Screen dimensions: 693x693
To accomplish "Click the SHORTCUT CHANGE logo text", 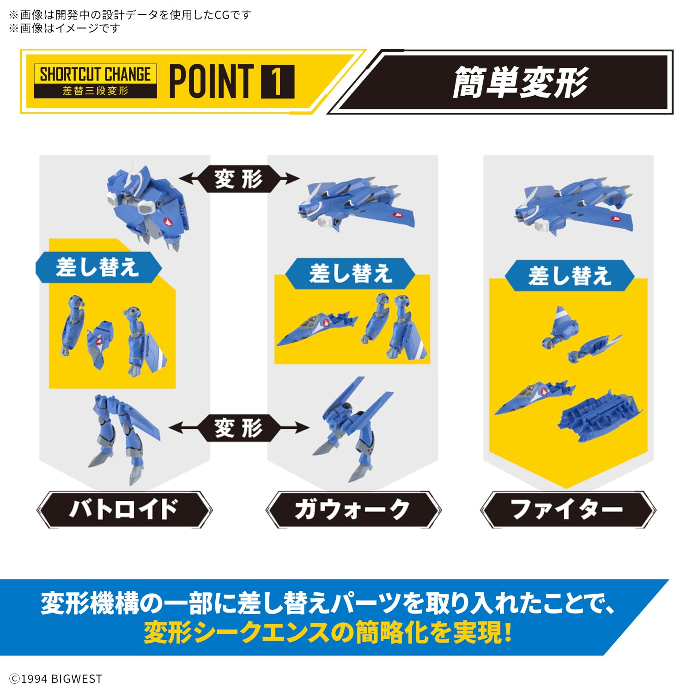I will (95, 74).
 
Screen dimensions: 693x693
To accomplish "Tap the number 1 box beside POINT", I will (278, 82).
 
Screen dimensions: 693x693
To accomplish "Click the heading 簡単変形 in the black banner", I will (520, 82).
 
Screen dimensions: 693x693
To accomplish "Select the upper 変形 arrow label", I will (238, 179).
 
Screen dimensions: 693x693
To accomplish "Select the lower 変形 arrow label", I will (238, 428).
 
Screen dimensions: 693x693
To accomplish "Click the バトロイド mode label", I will (124, 509).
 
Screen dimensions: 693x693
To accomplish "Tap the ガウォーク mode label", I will (353, 510).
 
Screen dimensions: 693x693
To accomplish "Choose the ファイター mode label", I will (567, 510).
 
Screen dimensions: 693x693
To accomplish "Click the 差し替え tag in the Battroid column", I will (98, 267).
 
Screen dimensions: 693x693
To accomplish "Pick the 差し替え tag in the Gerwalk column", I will (351, 274).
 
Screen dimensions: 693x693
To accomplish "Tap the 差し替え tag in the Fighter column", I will (570, 276).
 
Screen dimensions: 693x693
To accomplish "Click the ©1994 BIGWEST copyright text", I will (56, 679).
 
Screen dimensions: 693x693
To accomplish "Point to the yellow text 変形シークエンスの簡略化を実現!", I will (328, 632).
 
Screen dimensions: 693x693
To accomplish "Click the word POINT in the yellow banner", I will (212, 82).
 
